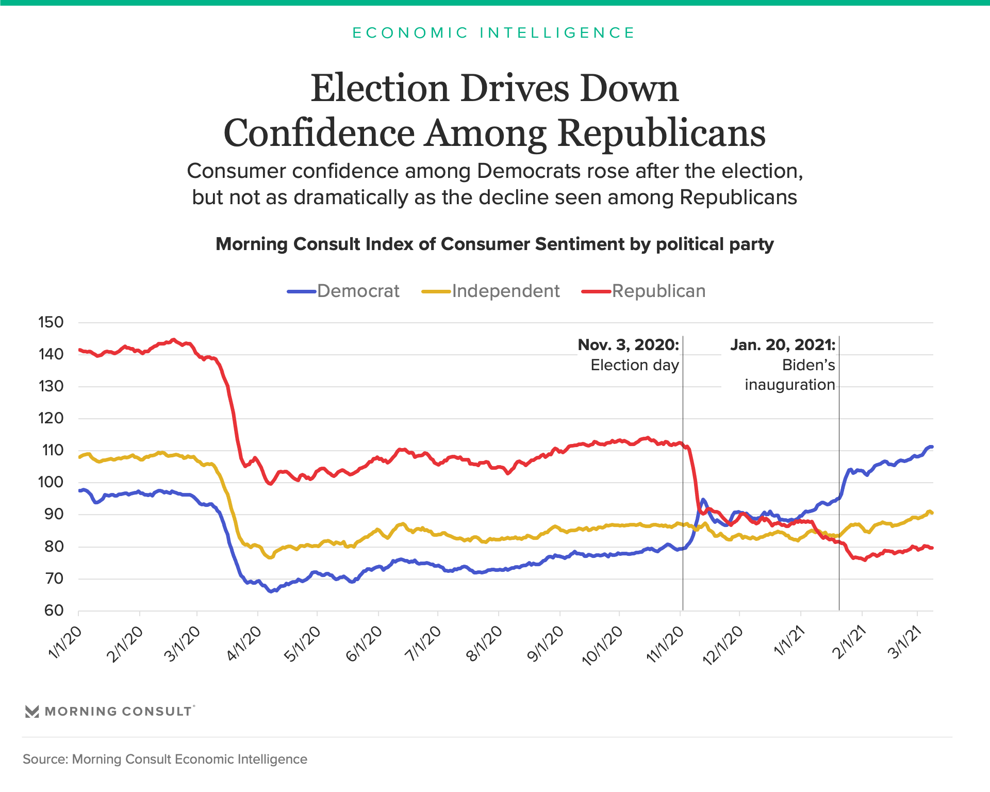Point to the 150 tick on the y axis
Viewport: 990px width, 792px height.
[51, 322]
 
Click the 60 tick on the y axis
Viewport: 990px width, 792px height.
[54, 610]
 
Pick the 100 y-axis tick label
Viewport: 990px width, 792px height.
[51, 482]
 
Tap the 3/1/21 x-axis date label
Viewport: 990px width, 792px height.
[904, 642]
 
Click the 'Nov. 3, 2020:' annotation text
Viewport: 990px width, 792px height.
[628, 344]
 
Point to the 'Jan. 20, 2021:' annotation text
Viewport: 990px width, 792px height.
[782, 344]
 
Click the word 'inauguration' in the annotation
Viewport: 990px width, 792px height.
[789, 385]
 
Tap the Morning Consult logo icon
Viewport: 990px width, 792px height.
[32, 712]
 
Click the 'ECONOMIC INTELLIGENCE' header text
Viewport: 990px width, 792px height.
[493, 32]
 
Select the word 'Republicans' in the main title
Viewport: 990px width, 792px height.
[662, 133]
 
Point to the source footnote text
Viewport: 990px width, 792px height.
[165, 759]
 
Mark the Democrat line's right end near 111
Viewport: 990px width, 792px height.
[931, 447]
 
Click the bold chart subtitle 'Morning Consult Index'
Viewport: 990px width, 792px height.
[494, 244]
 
